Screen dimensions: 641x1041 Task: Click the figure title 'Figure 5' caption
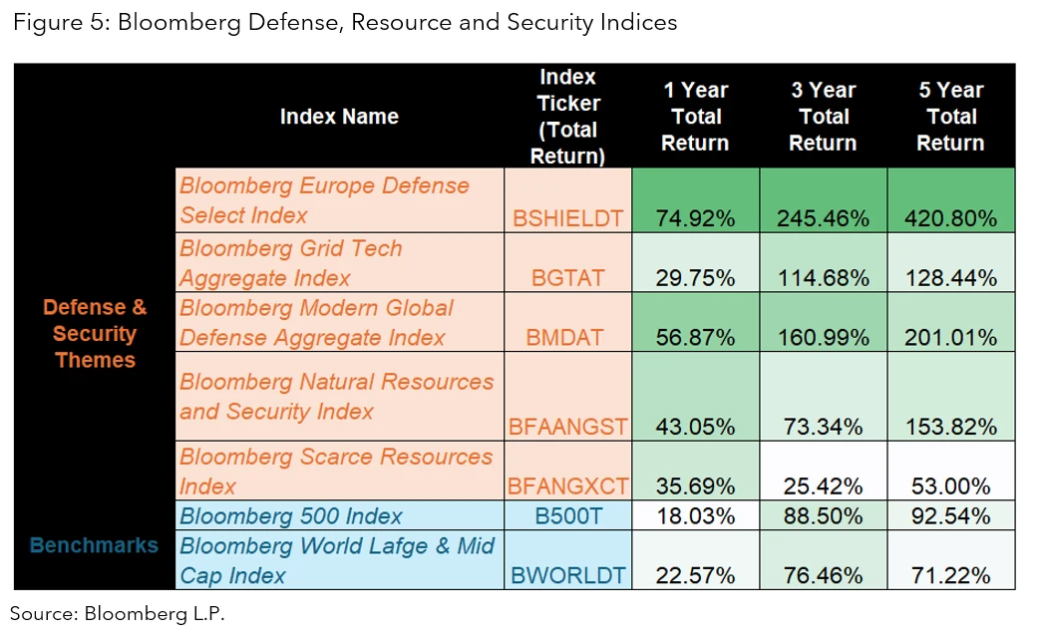click(x=344, y=22)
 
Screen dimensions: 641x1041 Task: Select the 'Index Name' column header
click(x=339, y=117)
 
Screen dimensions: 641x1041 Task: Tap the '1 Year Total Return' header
click(x=695, y=117)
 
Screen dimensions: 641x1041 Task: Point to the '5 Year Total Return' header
click(x=950, y=117)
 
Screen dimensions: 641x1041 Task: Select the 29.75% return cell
click(x=695, y=278)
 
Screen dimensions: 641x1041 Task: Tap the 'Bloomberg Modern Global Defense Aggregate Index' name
click(x=316, y=322)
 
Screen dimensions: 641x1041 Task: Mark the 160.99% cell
click(x=823, y=337)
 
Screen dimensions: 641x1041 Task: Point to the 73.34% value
click(x=823, y=427)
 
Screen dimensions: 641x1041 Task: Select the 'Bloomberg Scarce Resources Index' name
click(x=336, y=471)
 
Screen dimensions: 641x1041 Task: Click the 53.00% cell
click(x=950, y=486)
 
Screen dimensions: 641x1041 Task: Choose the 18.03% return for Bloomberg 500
click(x=695, y=516)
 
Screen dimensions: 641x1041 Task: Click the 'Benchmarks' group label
click(x=94, y=545)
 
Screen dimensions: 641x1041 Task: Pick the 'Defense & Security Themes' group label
click(x=94, y=334)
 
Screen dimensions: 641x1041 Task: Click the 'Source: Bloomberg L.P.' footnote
click(x=118, y=614)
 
